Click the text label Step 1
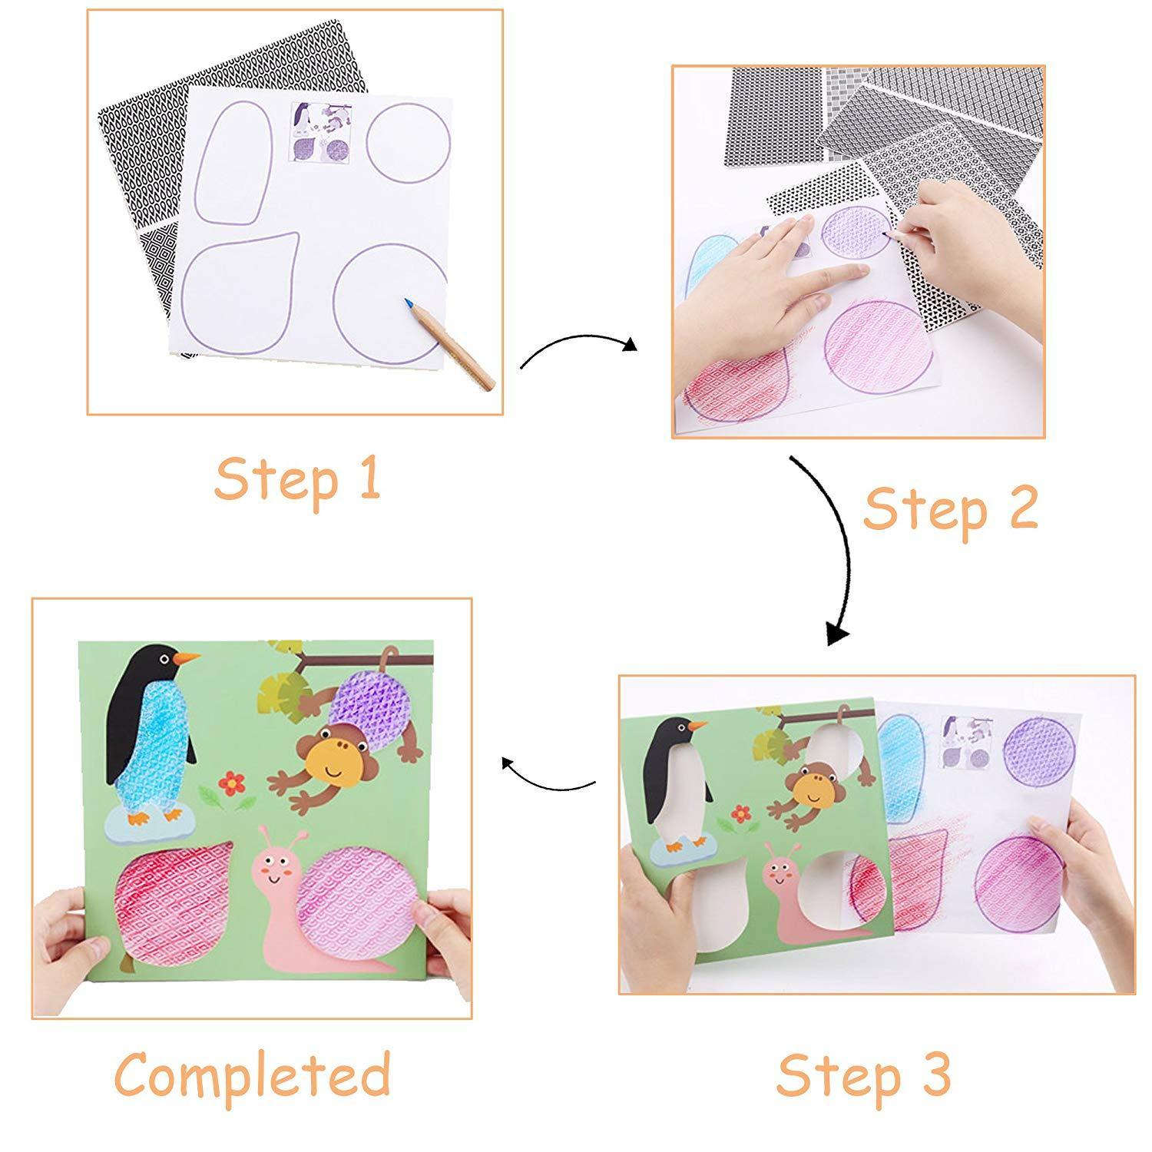[x=297, y=479]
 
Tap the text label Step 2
[x=950, y=510]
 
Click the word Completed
[x=253, y=1074]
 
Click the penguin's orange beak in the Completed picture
[x=186, y=658]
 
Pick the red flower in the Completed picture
[x=230, y=783]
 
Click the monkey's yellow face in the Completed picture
[x=332, y=760]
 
